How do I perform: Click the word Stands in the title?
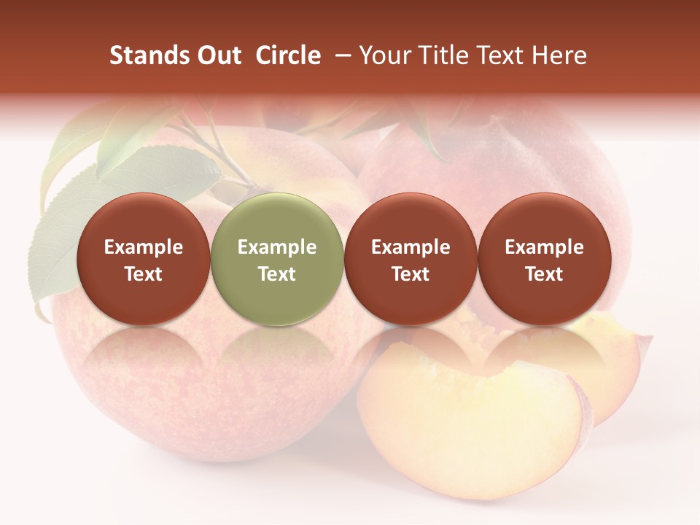coord(150,55)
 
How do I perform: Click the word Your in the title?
coord(382,55)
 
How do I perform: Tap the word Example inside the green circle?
coord(276,247)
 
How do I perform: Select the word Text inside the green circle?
coord(276,274)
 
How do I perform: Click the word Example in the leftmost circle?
coord(143,247)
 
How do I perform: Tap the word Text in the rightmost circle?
coord(544,274)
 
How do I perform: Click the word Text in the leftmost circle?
coord(143,274)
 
